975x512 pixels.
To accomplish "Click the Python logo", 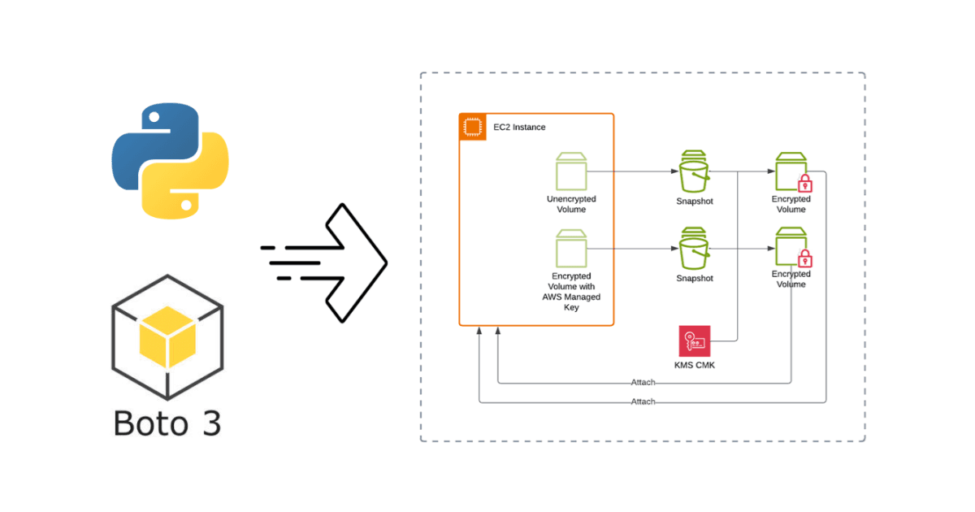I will (170, 162).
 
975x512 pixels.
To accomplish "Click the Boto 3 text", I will (167, 423).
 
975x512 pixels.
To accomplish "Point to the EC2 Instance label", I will (519, 128).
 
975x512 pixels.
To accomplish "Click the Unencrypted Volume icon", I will (571, 171).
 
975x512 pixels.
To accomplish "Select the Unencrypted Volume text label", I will (571, 204).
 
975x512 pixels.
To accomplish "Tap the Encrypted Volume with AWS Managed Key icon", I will (571, 249).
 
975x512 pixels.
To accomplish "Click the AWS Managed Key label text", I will (571, 297).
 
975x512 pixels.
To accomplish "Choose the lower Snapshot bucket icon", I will (695, 249).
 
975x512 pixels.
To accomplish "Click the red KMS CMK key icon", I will (695, 341).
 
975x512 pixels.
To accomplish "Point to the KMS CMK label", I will (695, 365).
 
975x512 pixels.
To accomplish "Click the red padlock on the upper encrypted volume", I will (804, 183).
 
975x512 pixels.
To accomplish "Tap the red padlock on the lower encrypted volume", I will (804, 259).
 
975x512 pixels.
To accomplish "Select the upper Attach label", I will (643, 383).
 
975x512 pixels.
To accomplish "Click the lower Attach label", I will (643, 402).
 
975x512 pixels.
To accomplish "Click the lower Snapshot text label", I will (695, 279).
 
